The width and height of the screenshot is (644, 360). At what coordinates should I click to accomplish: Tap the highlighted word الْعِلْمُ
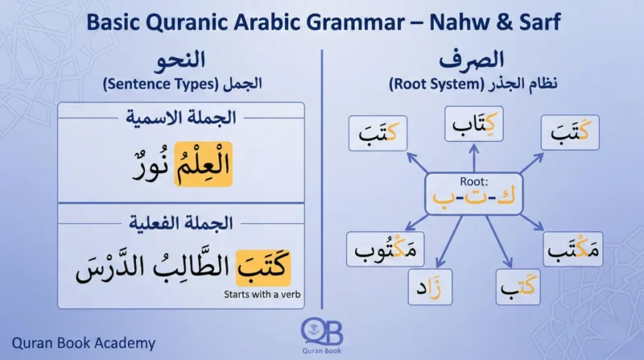coord(201,164)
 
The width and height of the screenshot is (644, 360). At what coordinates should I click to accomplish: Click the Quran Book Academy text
coord(84,343)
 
